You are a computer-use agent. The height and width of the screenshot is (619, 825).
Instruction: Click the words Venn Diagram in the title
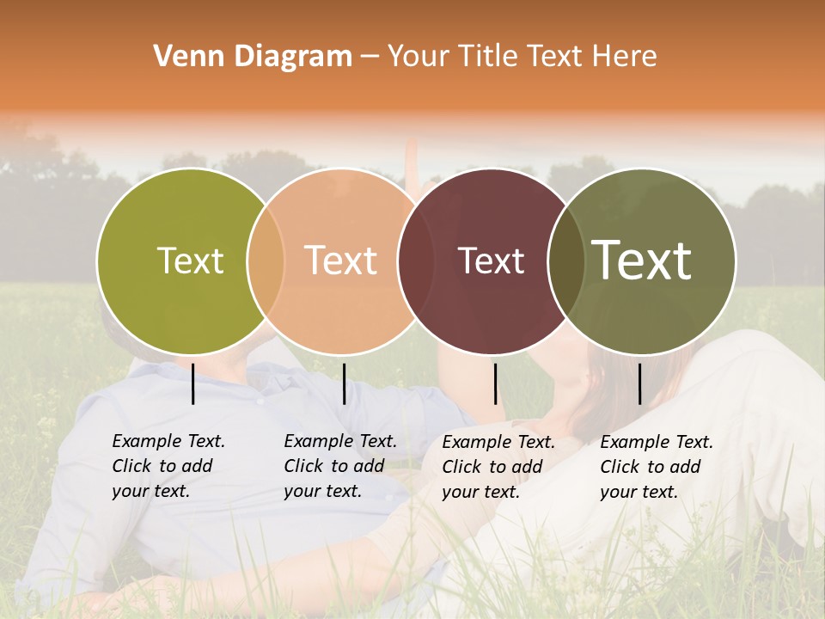coord(253,57)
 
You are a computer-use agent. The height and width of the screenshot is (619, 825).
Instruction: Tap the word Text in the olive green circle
coord(190,260)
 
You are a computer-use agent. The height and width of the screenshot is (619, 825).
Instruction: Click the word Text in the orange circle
coord(341,260)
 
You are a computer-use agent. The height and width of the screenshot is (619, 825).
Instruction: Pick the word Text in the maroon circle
coord(491,260)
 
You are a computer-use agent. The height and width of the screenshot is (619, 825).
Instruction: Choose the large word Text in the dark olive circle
coord(642,260)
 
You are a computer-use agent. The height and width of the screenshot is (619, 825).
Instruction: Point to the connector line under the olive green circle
coord(193,383)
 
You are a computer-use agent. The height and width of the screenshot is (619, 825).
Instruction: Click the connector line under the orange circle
coord(344,383)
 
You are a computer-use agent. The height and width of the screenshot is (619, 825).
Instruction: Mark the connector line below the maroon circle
coord(496,383)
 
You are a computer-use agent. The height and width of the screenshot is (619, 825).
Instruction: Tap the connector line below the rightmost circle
coord(640,383)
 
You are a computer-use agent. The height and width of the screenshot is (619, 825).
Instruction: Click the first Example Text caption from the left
coord(168,466)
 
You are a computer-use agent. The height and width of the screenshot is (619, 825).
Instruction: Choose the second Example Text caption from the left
coord(340,466)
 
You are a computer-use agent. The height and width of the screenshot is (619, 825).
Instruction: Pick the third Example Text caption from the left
coord(498,467)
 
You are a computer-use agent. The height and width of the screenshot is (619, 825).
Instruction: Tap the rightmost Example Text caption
coord(657,467)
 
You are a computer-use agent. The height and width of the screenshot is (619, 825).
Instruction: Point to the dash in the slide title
coord(369,57)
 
